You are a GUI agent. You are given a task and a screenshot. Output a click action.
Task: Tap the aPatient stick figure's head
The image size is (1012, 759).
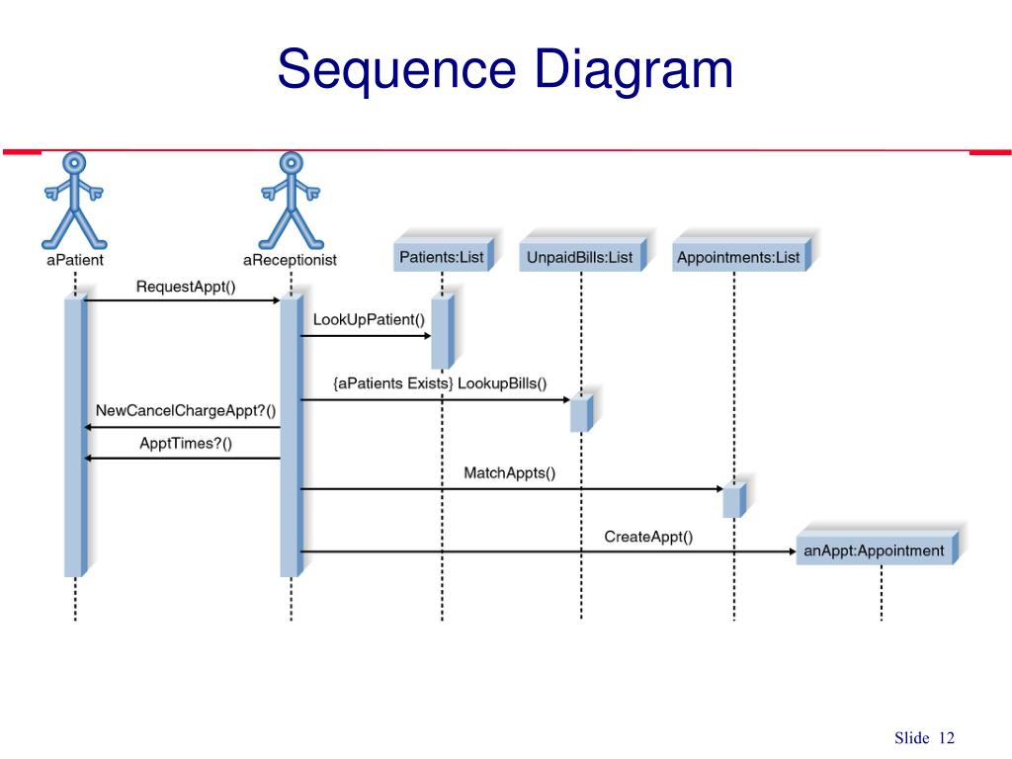pyautogui.click(x=74, y=163)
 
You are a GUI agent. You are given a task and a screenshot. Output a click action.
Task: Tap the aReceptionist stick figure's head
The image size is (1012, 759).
pyautogui.click(x=290, y=163)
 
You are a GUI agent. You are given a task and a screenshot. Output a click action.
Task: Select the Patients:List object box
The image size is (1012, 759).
pyautogui.click(x=442, y=257)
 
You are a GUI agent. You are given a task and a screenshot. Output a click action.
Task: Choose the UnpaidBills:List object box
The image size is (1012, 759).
pyautogui.click(x=580, y=257)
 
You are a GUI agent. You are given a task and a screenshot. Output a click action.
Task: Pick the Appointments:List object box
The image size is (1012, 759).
pyautogui.click(x=738, y=257)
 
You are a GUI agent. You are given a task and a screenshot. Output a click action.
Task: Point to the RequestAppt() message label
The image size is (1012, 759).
pyautogui.click(x=186, y=287)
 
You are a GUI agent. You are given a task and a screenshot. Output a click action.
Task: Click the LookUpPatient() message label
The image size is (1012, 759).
pyautogui.click(x=369, y=319)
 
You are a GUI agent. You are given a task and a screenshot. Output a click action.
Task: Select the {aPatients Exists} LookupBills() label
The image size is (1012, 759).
pyautogui.click(x=440, y=383)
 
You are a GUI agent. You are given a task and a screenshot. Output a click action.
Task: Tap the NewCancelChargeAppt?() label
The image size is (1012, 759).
pyautogui.click(x=186, y=410)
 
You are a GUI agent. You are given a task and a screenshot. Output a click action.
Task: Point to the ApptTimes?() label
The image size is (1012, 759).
pyautogui.click(x=186, y=443)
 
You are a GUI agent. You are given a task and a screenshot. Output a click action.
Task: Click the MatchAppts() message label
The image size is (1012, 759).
pyautogui.click(x=510, y=472)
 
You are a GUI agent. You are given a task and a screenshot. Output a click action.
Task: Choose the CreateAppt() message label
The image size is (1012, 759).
pyautogui.click(x=648, y=537)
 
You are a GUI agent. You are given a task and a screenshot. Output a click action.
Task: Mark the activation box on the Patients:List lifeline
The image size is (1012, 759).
pyautogui.click(x=441, y=330)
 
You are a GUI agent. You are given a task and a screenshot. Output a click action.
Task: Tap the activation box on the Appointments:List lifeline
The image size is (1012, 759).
pyautogui.click(x=732, y=501)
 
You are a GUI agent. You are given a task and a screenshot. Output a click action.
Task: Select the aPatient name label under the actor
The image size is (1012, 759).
pyautogui.click(x=74, y=260)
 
